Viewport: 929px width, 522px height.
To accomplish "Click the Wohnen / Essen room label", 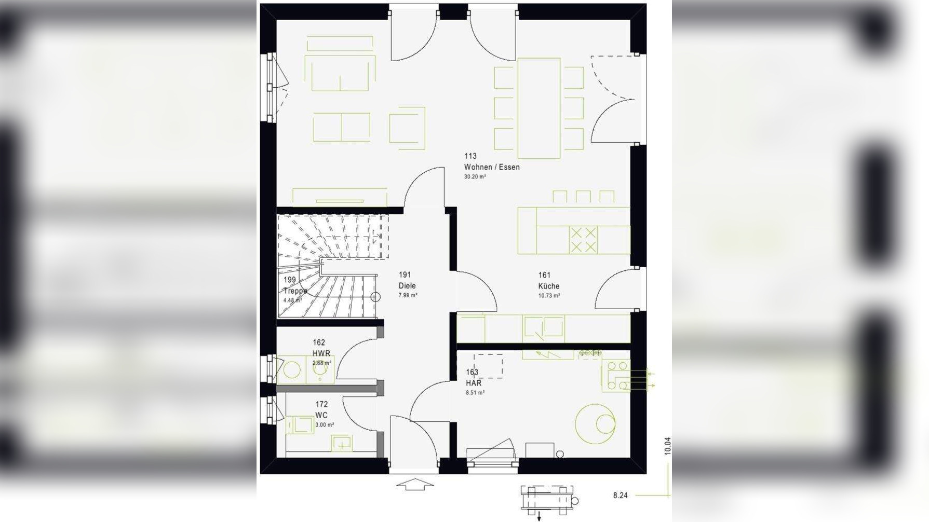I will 491,167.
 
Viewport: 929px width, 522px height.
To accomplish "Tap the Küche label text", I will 548,286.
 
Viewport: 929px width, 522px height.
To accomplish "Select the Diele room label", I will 407,285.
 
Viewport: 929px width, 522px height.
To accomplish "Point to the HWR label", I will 321,353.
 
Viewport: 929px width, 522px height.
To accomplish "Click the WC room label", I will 321,415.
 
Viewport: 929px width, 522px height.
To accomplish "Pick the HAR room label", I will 473,383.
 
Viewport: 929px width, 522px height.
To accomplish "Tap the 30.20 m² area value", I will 475,177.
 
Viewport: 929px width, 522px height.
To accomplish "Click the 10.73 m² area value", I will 549,296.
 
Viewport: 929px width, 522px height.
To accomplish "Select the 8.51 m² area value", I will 475,393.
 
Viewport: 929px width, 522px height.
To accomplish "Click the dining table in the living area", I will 538,108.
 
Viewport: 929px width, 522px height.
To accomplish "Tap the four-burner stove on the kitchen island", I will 583,240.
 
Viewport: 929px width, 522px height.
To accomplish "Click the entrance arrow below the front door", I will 414,485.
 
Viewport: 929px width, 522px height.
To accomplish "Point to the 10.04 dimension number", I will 667,446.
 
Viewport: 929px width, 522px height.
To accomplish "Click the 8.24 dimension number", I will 620,496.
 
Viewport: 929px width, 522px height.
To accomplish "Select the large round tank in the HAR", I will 595,424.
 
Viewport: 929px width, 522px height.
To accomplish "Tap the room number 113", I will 470,156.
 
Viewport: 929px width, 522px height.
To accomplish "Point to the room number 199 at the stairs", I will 289,280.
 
